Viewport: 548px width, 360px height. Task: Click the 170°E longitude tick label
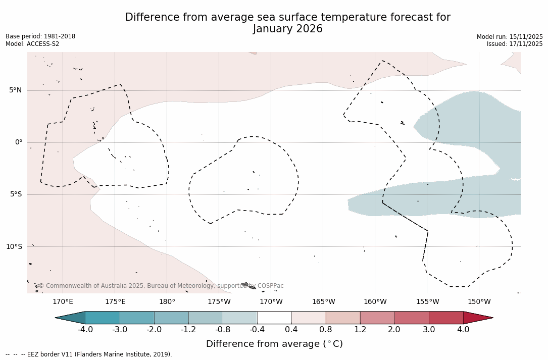coord(63,302)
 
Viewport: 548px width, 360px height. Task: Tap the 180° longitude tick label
coord(167,302)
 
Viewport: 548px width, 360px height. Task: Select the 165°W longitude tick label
coord(323,302)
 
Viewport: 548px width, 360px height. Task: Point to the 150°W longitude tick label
coord(479,302)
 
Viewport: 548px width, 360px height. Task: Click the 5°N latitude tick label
coord(15,90)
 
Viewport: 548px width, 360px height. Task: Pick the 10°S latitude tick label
coord(14,246)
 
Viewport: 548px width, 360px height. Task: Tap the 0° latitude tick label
coord(19,142)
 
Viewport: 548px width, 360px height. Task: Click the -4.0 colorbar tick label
coord(85,330)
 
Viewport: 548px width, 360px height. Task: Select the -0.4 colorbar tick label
coord(257,330)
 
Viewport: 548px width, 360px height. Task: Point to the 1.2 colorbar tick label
coord(360,330)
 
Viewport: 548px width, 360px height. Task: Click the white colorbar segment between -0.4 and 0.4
coord(274,318)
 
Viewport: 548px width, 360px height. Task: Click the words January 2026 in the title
coord(287,29)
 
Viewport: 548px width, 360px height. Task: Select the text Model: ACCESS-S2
coord(32,44)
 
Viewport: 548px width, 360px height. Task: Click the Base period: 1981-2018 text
coord(40,36)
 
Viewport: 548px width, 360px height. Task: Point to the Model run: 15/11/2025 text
coord(510,37)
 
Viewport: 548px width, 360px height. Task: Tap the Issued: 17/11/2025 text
coord(515,44)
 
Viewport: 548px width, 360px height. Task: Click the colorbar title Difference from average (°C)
coord(274,344)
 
